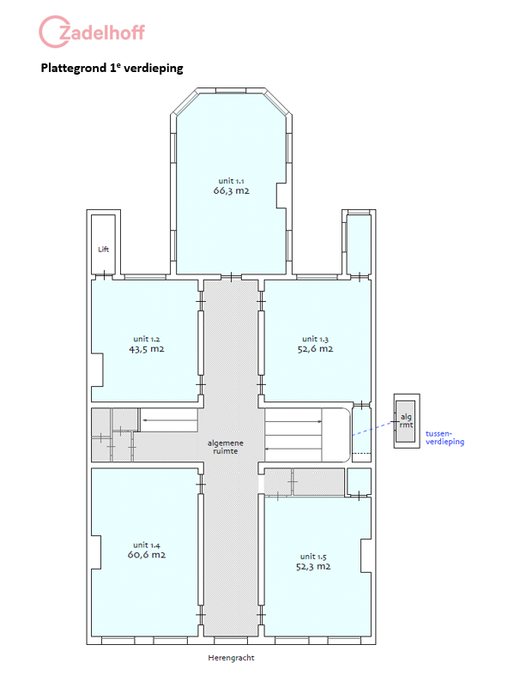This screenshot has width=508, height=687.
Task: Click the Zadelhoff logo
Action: pyautogui.click(x=92, y=32)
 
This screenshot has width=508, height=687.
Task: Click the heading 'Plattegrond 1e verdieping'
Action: pyautogui.click(x=112, y=68)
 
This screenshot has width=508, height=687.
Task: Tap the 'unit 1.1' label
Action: pyautogui.click(x=231, y=181)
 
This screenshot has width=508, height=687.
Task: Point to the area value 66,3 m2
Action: pyautogui.click(x=231, y=190)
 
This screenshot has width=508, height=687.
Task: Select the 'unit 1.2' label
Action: pyautogui.click(x=147, y=339)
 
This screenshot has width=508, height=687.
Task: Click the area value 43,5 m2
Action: pyautogui.click(x=147, y=349)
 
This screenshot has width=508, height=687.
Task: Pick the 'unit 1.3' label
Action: pyautogui.click(x=315, y=339)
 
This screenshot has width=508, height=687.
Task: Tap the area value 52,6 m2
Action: pyautogui.click(x=315, y=349)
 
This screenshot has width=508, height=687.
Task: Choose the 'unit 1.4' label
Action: pyautogui.click(x=147, y=545)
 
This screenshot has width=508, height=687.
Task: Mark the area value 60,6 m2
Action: pyautogui.click(x=147, y=555)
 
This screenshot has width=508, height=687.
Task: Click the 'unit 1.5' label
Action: pyautogui.click(x=313, y=557)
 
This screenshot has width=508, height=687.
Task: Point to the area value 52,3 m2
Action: pyautogui.click(x=313, y=567)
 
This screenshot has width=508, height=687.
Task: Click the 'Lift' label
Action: pyautogui.click(x=104, y=250)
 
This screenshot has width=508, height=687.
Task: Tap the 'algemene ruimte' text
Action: pyautogui.click(x=226, y=447)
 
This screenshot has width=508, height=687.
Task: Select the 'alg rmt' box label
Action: pyautogui.click(x=406, y=420)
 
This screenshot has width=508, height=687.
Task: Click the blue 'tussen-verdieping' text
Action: pyautogui.click(x=444, y=437)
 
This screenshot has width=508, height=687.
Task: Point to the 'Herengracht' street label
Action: pyautogui.click(x=231, y=658)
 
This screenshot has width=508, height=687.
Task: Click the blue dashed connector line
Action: pyautogui.click(x=373, y=429)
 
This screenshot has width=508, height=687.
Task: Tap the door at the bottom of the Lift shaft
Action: pyautogui.click(x=105, y=275)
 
